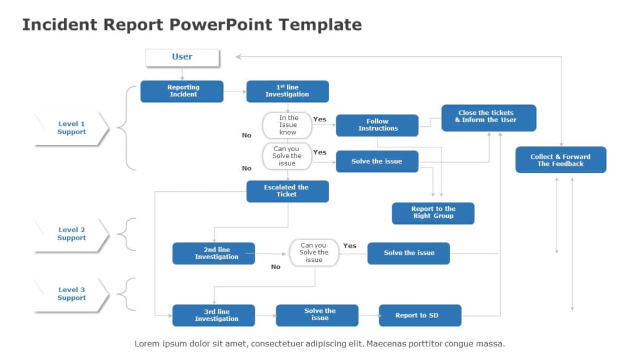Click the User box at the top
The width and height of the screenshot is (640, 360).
(x=182, y=57)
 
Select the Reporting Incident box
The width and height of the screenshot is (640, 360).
(x=182, y=91)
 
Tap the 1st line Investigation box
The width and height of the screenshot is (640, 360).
(x=287, y=91)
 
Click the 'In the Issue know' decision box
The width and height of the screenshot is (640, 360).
(x=287, y=125)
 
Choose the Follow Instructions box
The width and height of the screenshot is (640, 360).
(x=377, y=125)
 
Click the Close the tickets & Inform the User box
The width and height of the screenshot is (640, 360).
(x=488, y=118)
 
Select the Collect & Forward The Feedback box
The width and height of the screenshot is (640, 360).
(x=560, y=160)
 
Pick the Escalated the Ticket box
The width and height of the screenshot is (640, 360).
(x=287, y=191)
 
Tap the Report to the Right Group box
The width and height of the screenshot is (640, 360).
(x=433, y=213)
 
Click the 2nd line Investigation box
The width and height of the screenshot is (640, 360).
(x=214, y=253)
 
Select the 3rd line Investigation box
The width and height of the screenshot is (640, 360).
(x=214, y=316)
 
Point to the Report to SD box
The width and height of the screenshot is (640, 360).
(x=420, y=316)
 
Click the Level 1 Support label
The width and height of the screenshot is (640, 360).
(x=72, y=128)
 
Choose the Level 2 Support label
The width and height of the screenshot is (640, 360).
(x=72, y=234)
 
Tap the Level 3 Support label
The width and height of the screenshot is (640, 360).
(x=72, y=294)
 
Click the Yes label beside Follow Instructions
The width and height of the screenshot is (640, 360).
(x=320, y=119)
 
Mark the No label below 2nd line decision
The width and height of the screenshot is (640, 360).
(x=276, y=267)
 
